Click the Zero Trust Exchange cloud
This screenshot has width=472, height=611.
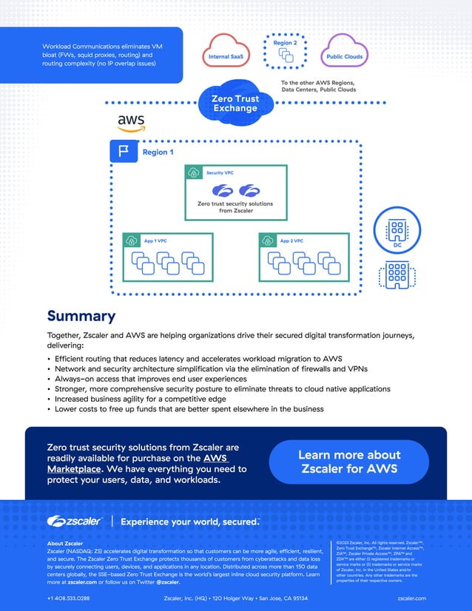click(235, 104)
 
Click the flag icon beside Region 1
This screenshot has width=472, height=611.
click(124, 152)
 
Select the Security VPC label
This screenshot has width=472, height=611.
click(220, 172)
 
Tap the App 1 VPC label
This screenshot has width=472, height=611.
click(155, 241)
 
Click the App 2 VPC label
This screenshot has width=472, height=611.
click(291, 241)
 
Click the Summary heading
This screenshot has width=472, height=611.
click(81, 317)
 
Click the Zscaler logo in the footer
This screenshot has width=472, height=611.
click(75, 521)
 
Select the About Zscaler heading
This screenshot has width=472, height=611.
click(65, 544)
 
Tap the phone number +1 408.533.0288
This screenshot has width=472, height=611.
click(68, 598)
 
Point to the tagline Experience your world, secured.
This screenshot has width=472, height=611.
click(190, 521)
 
